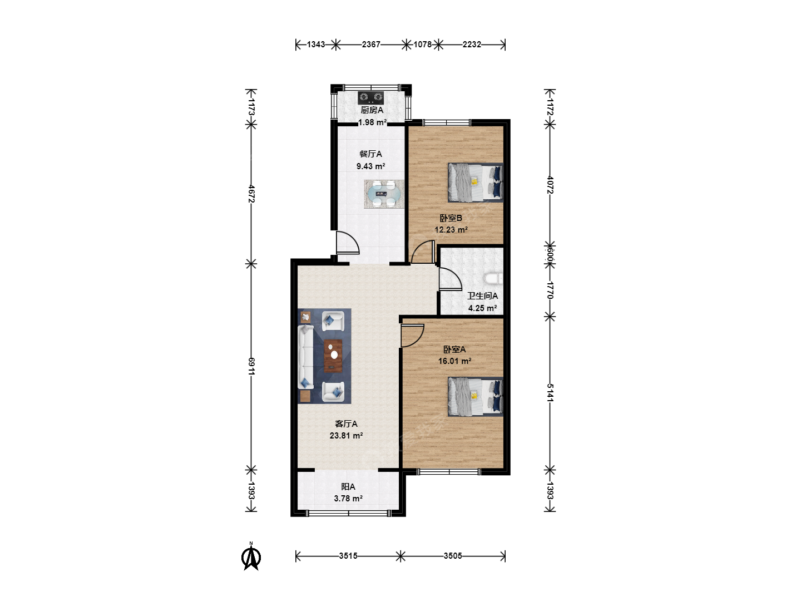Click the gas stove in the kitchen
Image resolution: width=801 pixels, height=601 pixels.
tap(371, 97)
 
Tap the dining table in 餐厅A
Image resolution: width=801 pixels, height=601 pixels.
tap(384, 194)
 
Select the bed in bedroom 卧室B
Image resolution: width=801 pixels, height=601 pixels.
tap(476, 183)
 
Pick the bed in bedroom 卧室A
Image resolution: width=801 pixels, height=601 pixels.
tap(476, 397)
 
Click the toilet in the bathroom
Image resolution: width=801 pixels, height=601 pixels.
tap(494, 279)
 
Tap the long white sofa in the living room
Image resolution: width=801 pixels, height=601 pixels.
tap(306, 357)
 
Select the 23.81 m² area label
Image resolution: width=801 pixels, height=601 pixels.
tap(346, 435)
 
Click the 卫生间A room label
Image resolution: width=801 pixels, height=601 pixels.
tap(482, 296)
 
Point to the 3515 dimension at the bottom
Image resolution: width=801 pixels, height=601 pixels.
tap(348, 556)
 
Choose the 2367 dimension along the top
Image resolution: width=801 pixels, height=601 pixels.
tap(371, 45)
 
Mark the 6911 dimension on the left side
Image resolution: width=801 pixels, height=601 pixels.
tap(251, 366)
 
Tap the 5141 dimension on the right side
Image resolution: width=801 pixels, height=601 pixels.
tap(550, 393)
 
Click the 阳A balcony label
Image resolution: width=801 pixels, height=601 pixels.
tap(348, 487)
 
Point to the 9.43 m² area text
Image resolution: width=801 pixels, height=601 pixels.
tap(371, 166)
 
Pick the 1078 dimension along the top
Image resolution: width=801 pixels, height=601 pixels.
tap(423, 45)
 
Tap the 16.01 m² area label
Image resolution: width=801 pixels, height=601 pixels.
tap(454, 361)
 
